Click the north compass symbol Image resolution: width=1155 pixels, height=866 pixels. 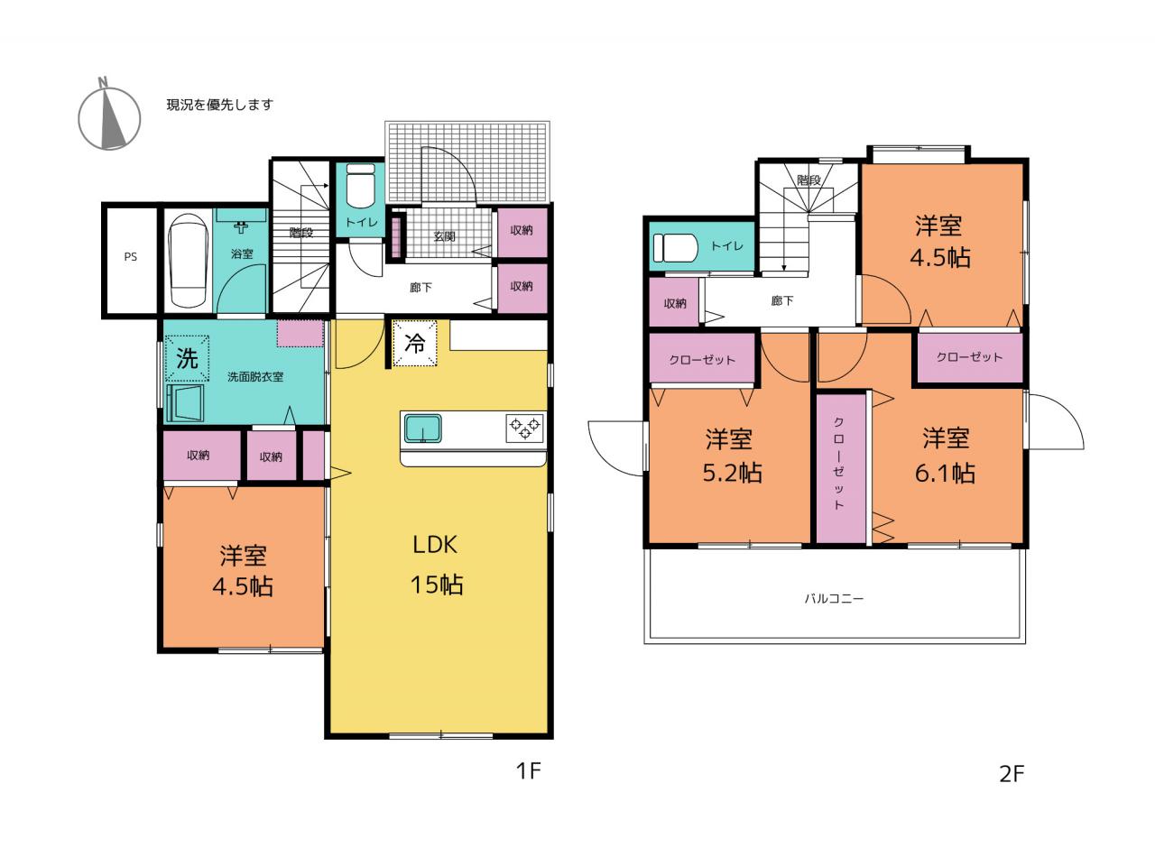coord(109,116)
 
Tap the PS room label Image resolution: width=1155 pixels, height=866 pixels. coord(131,257)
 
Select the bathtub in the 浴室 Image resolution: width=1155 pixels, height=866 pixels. coord(187,261)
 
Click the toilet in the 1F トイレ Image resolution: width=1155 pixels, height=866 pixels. coord(360,186)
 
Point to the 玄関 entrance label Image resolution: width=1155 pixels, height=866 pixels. coord(444,236)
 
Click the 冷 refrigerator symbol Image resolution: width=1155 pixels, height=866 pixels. coord(415,344)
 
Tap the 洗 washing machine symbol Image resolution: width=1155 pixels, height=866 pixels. coord(188,359)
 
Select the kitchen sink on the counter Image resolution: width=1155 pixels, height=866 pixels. coord(423,428)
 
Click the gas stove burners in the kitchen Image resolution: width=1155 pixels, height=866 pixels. coord(525,427)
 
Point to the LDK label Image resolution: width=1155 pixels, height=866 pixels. coord(435,545)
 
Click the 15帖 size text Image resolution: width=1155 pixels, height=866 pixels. coord(437,585)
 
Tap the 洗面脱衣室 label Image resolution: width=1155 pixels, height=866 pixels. coord(255,376)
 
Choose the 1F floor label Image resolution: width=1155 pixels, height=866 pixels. coord(528,770)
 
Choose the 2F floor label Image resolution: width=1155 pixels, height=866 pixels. coord(1012,774)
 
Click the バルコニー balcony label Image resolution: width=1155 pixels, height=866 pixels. coord(834,598)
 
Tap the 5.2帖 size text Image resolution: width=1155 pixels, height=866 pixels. coord(733,473)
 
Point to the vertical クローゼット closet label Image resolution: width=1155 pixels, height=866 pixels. coord(838,464)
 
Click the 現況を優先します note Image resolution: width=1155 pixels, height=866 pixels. coord(220,105)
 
